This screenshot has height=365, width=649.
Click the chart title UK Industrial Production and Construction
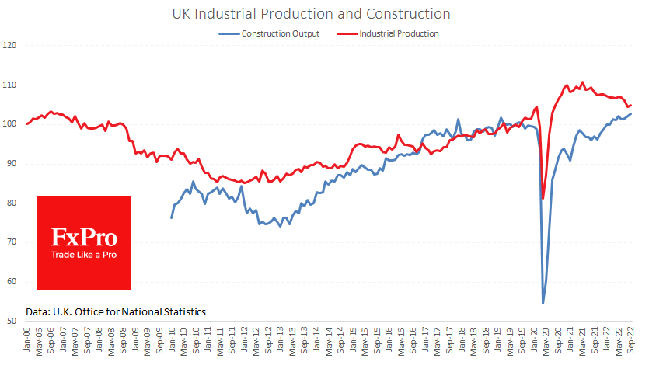click(324, 14)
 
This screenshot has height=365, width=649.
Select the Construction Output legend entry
click(280, 34)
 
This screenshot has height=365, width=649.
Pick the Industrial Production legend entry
click(399, 34)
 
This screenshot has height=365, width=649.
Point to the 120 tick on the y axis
click(10, 45)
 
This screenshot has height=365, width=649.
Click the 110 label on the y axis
click(10, 85)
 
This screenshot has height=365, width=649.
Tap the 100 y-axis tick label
click(10, 124)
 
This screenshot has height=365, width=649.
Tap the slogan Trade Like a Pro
click(84, 254)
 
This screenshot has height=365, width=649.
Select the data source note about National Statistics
click(116, 311)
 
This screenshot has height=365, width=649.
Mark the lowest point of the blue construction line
click(543, 303)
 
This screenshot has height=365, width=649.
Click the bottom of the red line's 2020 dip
click(543, 198)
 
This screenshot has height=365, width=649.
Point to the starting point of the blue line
click(172, 217)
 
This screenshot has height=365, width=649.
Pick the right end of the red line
click(631, 105)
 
